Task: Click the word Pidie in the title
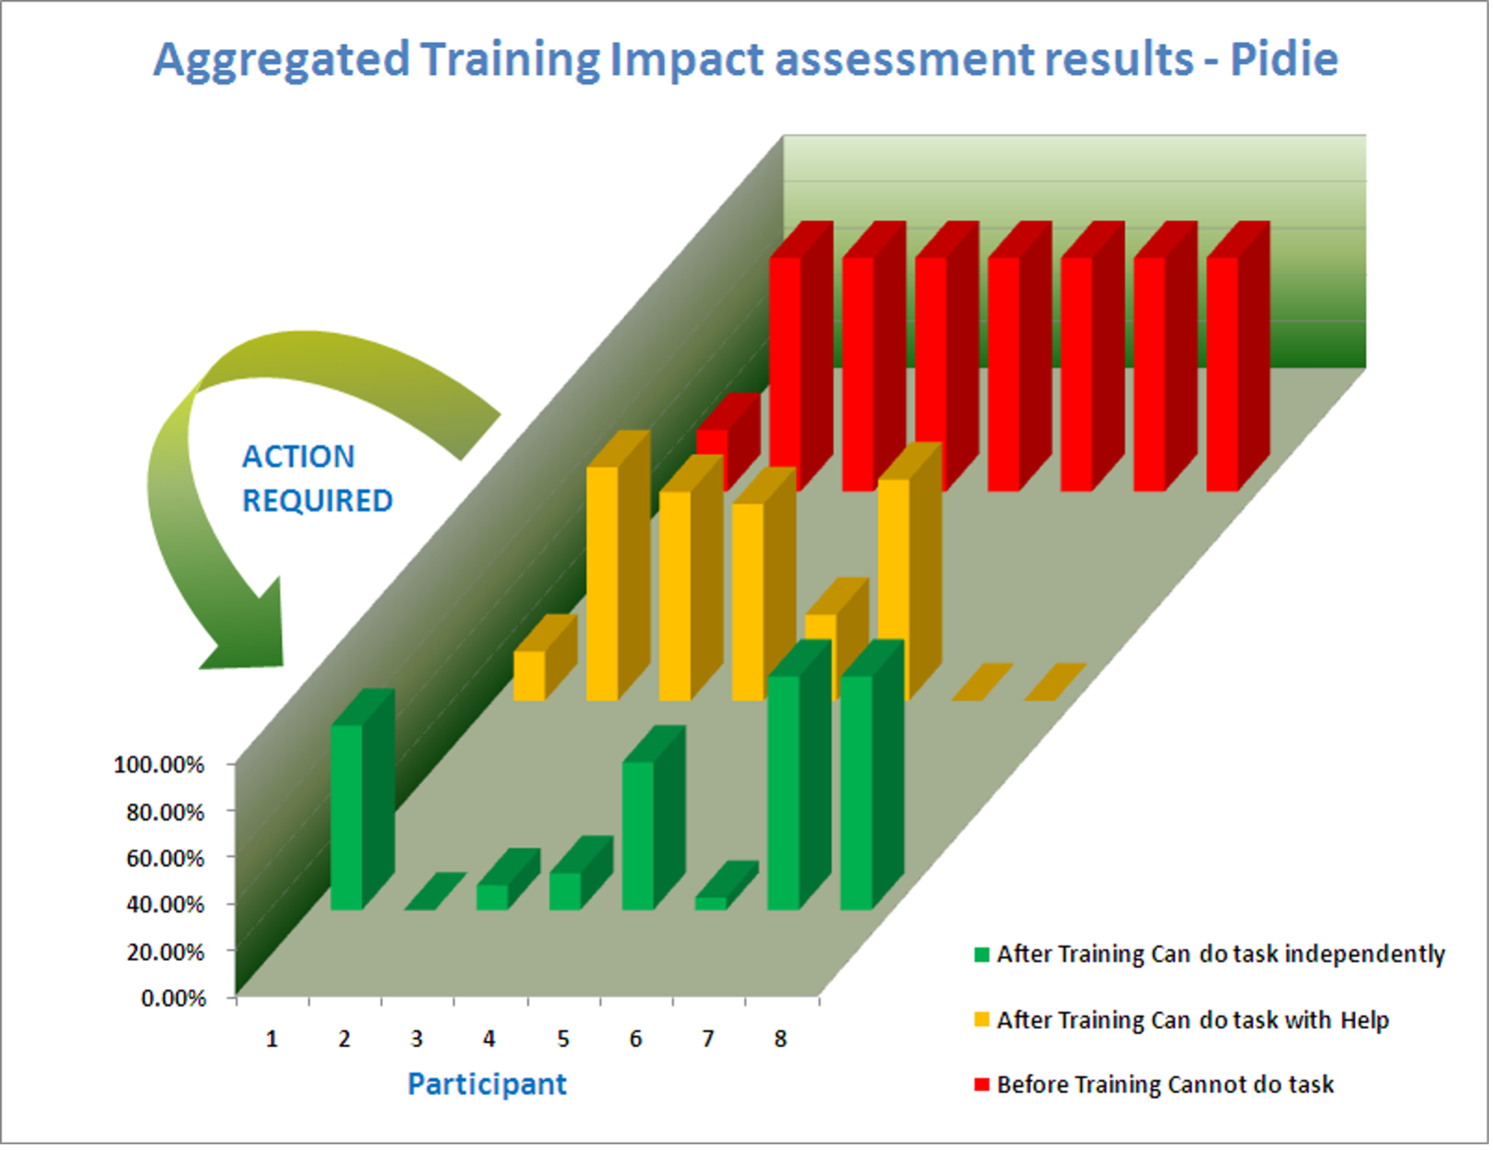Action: [1284, 59]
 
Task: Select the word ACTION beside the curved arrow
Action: [298, 457]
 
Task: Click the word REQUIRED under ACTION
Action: [317, 501]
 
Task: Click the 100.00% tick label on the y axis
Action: [159, 764]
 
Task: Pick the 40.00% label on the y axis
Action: [165, 905]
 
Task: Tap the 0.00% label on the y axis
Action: [173, 998]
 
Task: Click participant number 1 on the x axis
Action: [271, 1039]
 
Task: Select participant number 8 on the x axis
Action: [780, 1039]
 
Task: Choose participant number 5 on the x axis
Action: [563, 1039]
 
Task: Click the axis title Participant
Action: [487, 1084]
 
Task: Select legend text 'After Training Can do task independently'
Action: [1220, 954]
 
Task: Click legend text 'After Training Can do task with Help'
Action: [1193, 1020]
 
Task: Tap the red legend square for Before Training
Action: [982, 1084]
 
